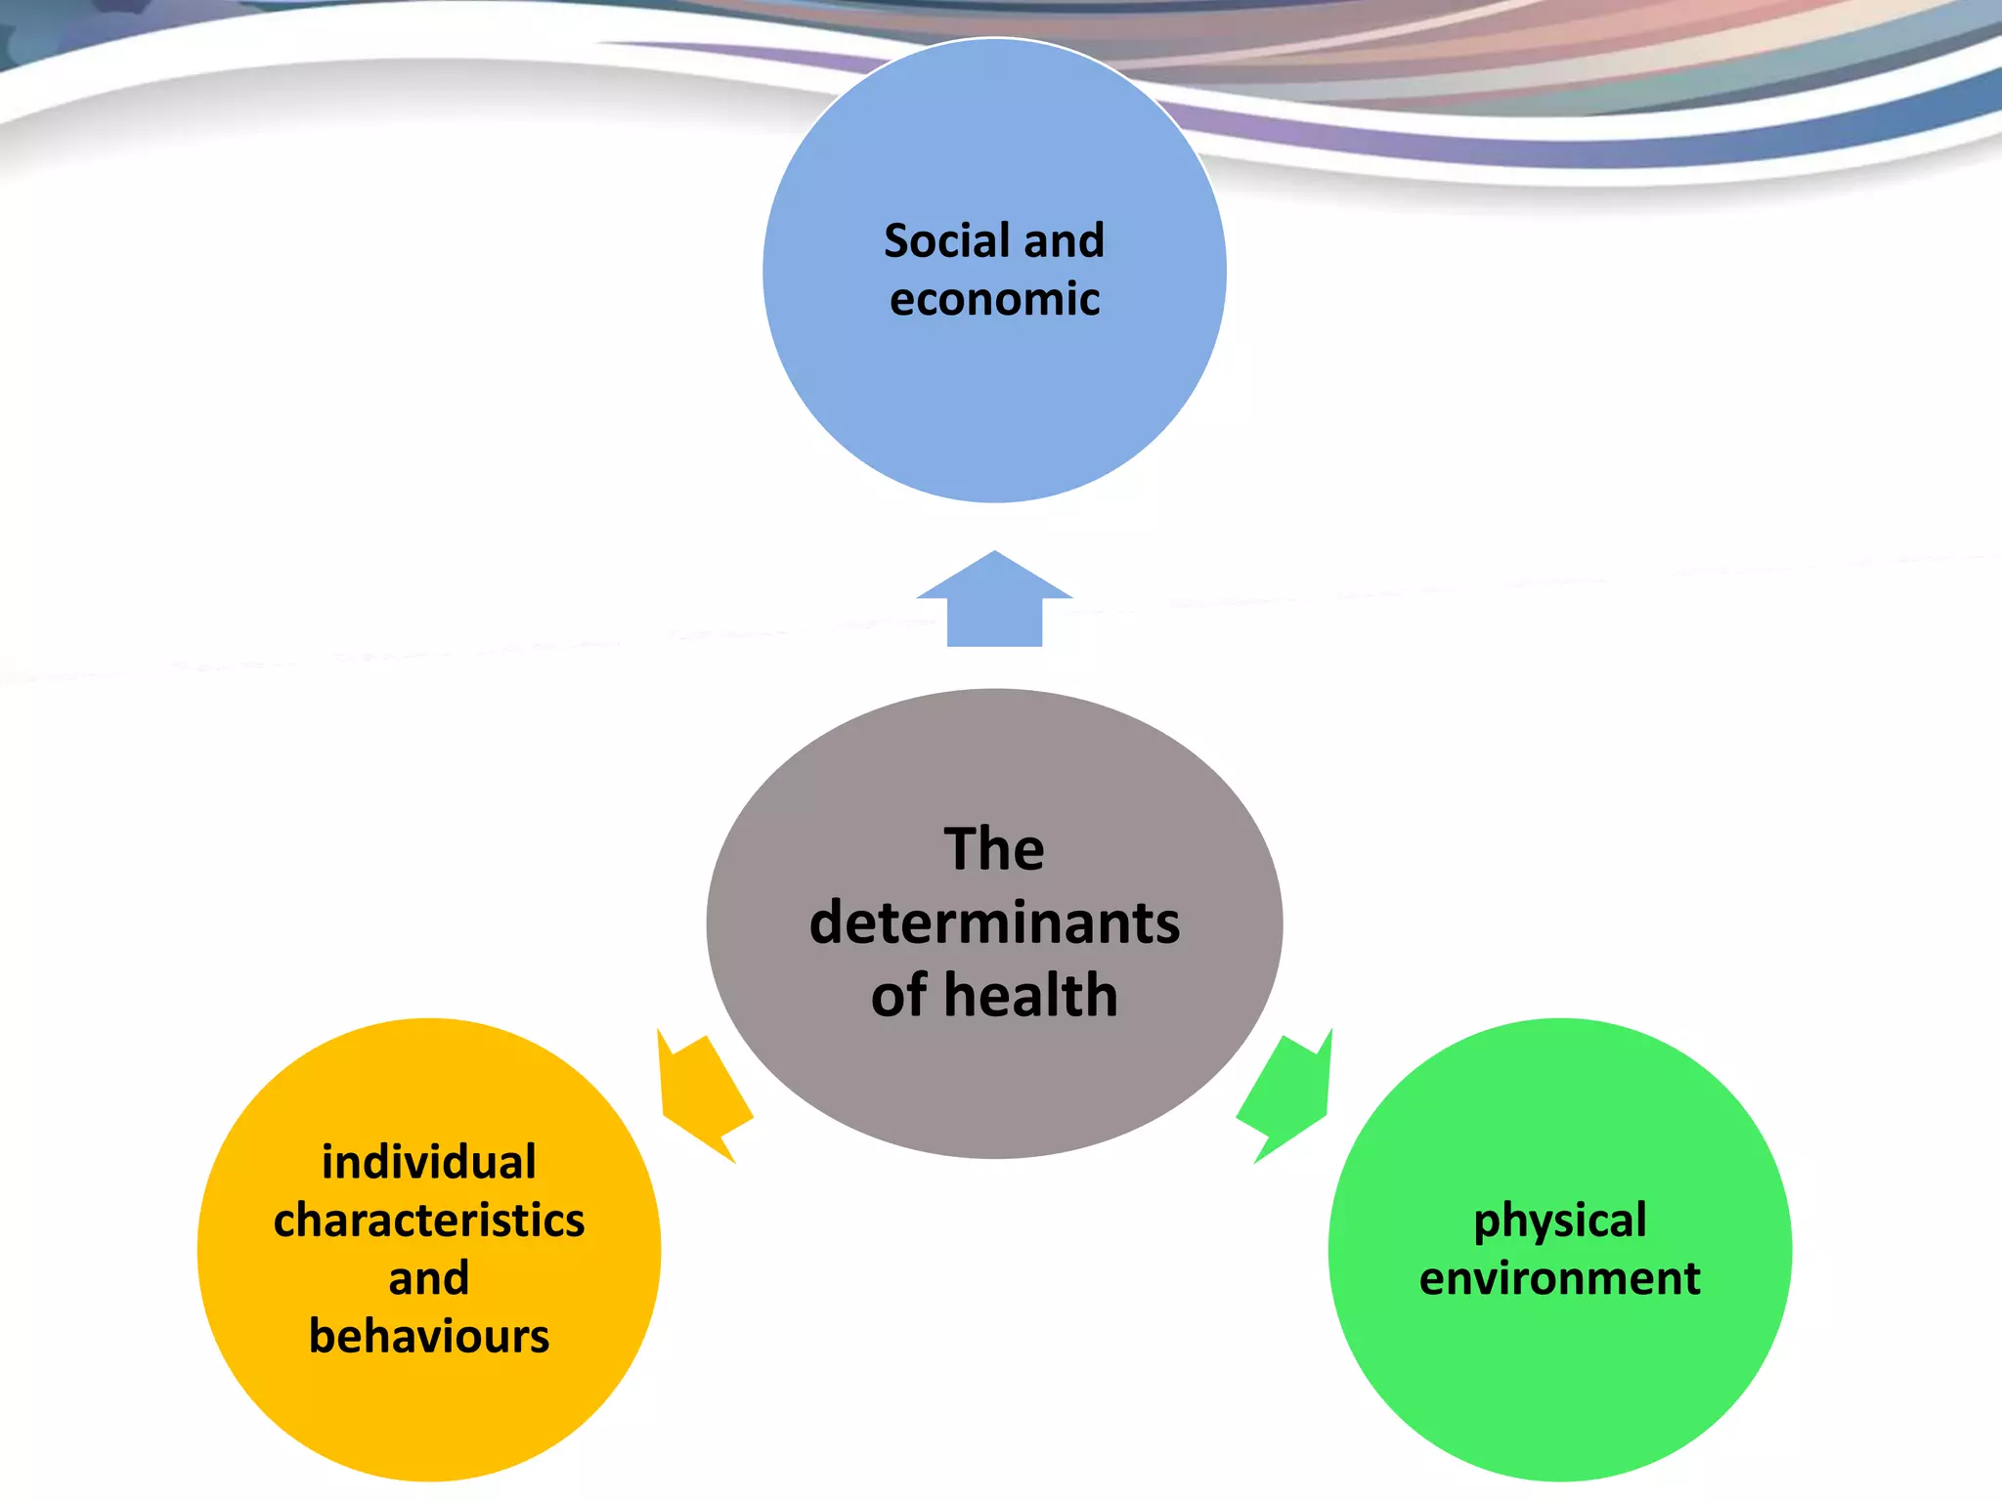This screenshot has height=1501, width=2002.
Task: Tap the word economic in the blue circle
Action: pyautogui.click(x=994, y=299)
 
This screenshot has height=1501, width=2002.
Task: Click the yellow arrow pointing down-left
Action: pyautogui.click(x=703, y=1094)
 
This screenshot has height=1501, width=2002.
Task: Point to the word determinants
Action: pyautogui.click(x=994, y=922)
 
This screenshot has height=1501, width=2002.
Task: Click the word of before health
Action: pyautogui.click(x=898, y=996)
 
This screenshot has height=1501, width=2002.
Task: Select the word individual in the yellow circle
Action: pyautogui.click(x=429, y=1162)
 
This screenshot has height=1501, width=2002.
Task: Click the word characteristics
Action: pyautogui.click(x=429, y=1221)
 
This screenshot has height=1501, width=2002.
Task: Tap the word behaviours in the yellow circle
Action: pyautogui.click(x=429, y=1336)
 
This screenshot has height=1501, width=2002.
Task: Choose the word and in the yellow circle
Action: pyautogui.click(x=429, y=1278)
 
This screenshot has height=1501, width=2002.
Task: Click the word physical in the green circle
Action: pyautogui.click(x=1560, y=1221)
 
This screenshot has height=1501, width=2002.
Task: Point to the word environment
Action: pyautogui.click(x=1560, y=1278)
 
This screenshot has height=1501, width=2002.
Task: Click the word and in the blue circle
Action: pyautogui.click(x=1065, y=240)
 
